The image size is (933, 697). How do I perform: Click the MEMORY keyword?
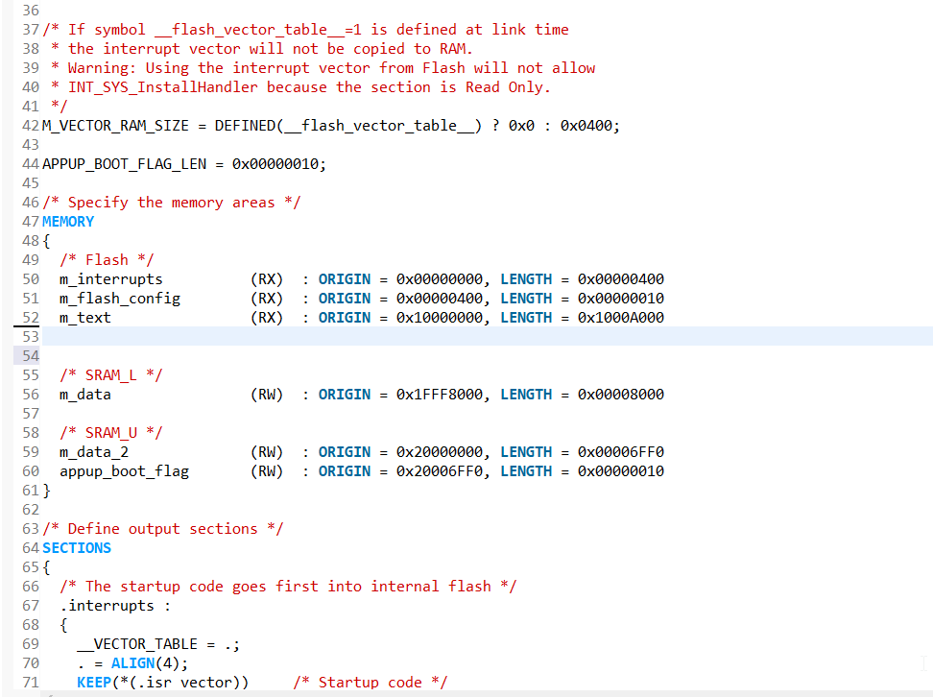click(68, 222)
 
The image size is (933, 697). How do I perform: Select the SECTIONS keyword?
click(77, 548)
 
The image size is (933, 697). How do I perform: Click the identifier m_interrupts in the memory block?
click(111, 279)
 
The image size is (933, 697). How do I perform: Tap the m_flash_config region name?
click(120, 299)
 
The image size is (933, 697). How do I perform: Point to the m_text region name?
click(85, 318)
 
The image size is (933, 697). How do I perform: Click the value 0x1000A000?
click(621, 318)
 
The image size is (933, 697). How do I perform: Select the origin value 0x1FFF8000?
click(440, 395)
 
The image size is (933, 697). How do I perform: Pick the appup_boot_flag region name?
click(124, 471)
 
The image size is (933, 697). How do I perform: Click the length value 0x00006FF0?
click(621, 452)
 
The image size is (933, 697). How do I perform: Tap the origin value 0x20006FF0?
click(440, 471)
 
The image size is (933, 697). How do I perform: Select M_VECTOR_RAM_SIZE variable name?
click(115, 126)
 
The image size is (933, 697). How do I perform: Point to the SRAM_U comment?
click(111, 433)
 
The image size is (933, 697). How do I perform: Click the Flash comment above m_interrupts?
click(107, 260)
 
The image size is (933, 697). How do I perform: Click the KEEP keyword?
click(94, 683)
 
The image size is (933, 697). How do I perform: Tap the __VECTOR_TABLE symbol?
click(137, 644)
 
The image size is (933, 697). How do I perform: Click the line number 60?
click(29, 471)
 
